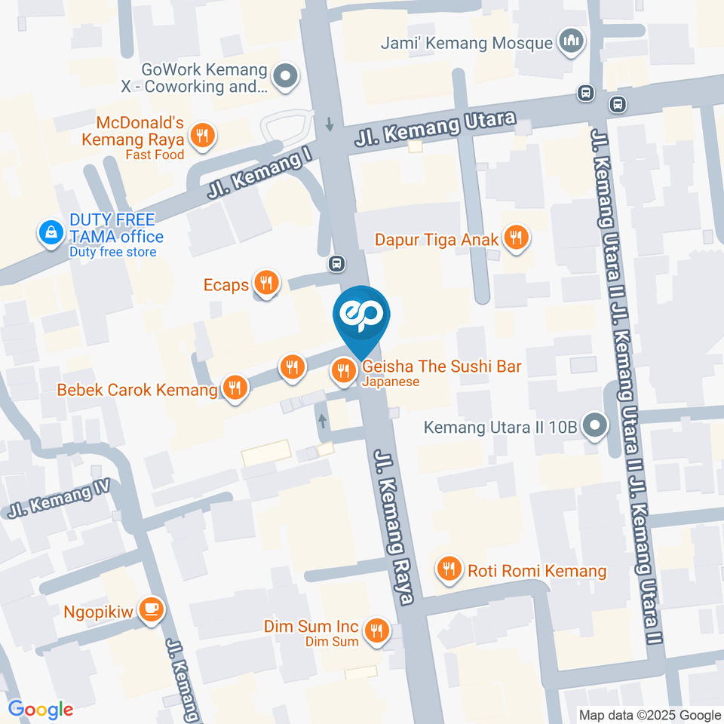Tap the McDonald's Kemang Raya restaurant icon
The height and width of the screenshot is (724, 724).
pyautogui.click(x=202, y=136)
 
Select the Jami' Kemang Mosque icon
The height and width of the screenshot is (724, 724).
pyautogui.click(x=569, y=41)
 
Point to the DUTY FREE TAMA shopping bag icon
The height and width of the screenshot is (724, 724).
pyautogui.click(x=51, y=233)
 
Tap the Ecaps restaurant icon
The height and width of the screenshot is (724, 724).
pyautogui.click(x=266, y=284)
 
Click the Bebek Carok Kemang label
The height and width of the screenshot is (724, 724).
pyautogui.click(x=137, y=390)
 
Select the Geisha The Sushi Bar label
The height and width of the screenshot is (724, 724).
pyautogui.click(x=442, y=367)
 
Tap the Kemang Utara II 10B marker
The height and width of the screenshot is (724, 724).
pyautogui.click(x=595, y=426)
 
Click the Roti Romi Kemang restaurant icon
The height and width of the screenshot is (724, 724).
pyautogui.click(x=450, y=569)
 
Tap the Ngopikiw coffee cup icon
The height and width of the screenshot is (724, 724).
pyautogui.click(x=152, y=609)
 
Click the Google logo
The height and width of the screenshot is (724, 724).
pyautogui.click(x=41, y=709)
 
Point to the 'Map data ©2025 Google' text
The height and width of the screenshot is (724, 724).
pyautogui.click(x=650, y=715)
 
